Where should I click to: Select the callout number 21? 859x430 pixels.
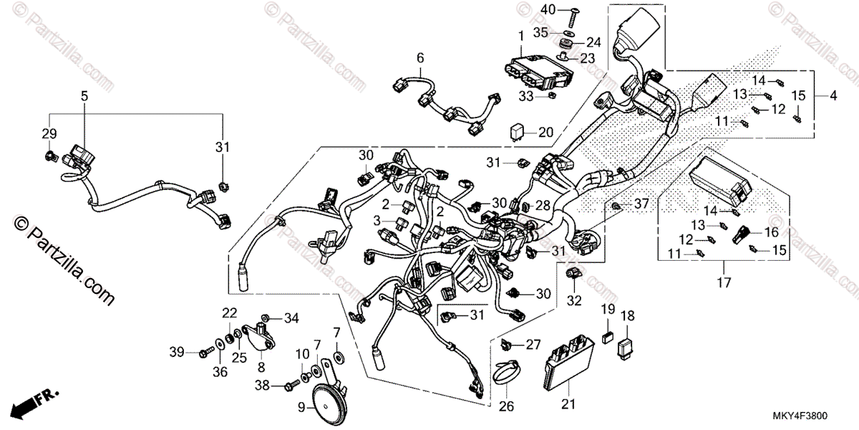point(568,405)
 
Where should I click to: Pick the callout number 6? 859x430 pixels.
point(420,57)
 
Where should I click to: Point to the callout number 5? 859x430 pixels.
point(84,95)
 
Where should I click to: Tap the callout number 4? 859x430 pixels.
point(833,95)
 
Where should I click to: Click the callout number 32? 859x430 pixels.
point(573,300)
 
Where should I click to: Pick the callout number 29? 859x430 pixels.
point(49,134)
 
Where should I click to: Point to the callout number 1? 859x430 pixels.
point(520,34)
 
